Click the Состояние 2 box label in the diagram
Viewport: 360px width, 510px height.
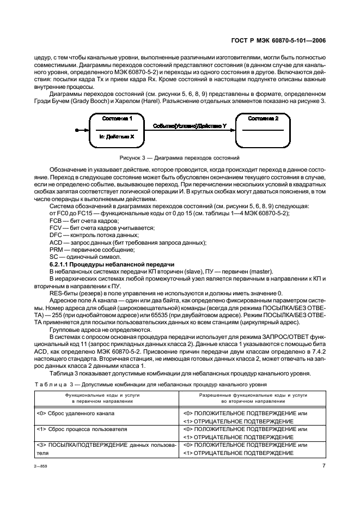coord(263,118)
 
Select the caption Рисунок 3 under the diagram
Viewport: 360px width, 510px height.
coord(180,158)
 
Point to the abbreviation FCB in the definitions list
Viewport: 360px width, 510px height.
coord(56,221)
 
